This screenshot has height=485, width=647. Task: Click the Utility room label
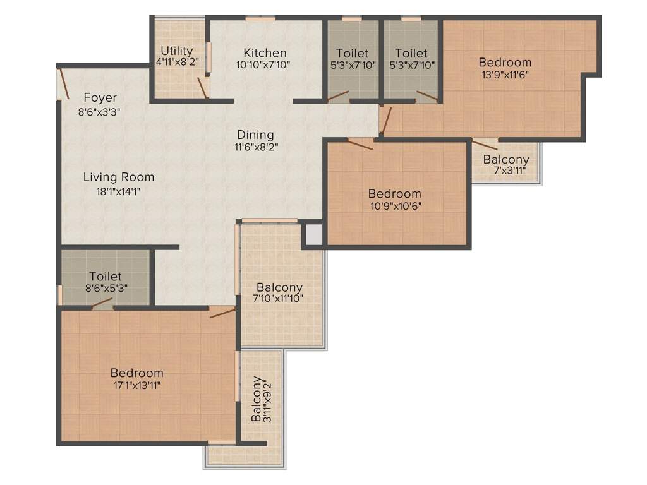pyautogui.click(x=176, y=51)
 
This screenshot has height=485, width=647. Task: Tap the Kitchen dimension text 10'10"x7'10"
pyautogui.click(x=265, y=64)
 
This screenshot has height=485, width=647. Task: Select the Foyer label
pyautogui.click(x=100, y=98)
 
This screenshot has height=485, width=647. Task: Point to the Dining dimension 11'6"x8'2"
pyautogui.click(x=255, y=146)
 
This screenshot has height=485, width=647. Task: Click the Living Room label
pyautogui.click(x=118, y=177)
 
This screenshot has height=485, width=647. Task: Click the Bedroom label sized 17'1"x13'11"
pyautogui.click(x=136, y=373)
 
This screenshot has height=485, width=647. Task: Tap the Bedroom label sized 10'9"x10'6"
pyautogui.click(x=394, y=194)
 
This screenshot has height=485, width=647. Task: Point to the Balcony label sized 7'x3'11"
pyautogui.click(x=505, y=160)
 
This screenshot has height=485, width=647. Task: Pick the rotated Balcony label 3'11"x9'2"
pyautogui.click(x=257, y=399)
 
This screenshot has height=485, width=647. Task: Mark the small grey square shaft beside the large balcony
pyautogui.click(x=314, y=234)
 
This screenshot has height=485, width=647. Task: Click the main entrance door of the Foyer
pyautogui.click(x=63, y=83)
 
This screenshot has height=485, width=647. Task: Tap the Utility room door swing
pyautogui.click(x=202, y=88)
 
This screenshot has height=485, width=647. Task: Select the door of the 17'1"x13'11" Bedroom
pyautogui.click(x=222, y=313)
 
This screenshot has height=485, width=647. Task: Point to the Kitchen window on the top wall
pyautogui.click(x=260, y=19)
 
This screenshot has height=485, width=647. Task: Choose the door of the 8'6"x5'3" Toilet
pyautogui.click(x=102, y=304)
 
